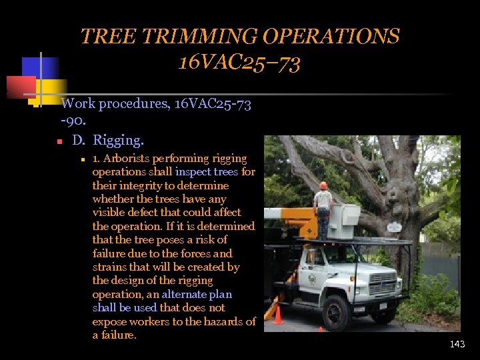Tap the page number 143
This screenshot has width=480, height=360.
coord(457,344)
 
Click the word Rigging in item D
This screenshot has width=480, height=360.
coord(118,141)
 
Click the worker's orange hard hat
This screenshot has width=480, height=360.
coord(323,185)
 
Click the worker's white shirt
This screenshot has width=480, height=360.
coord(323,199)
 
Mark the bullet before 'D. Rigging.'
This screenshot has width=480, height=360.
coord(59,142)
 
